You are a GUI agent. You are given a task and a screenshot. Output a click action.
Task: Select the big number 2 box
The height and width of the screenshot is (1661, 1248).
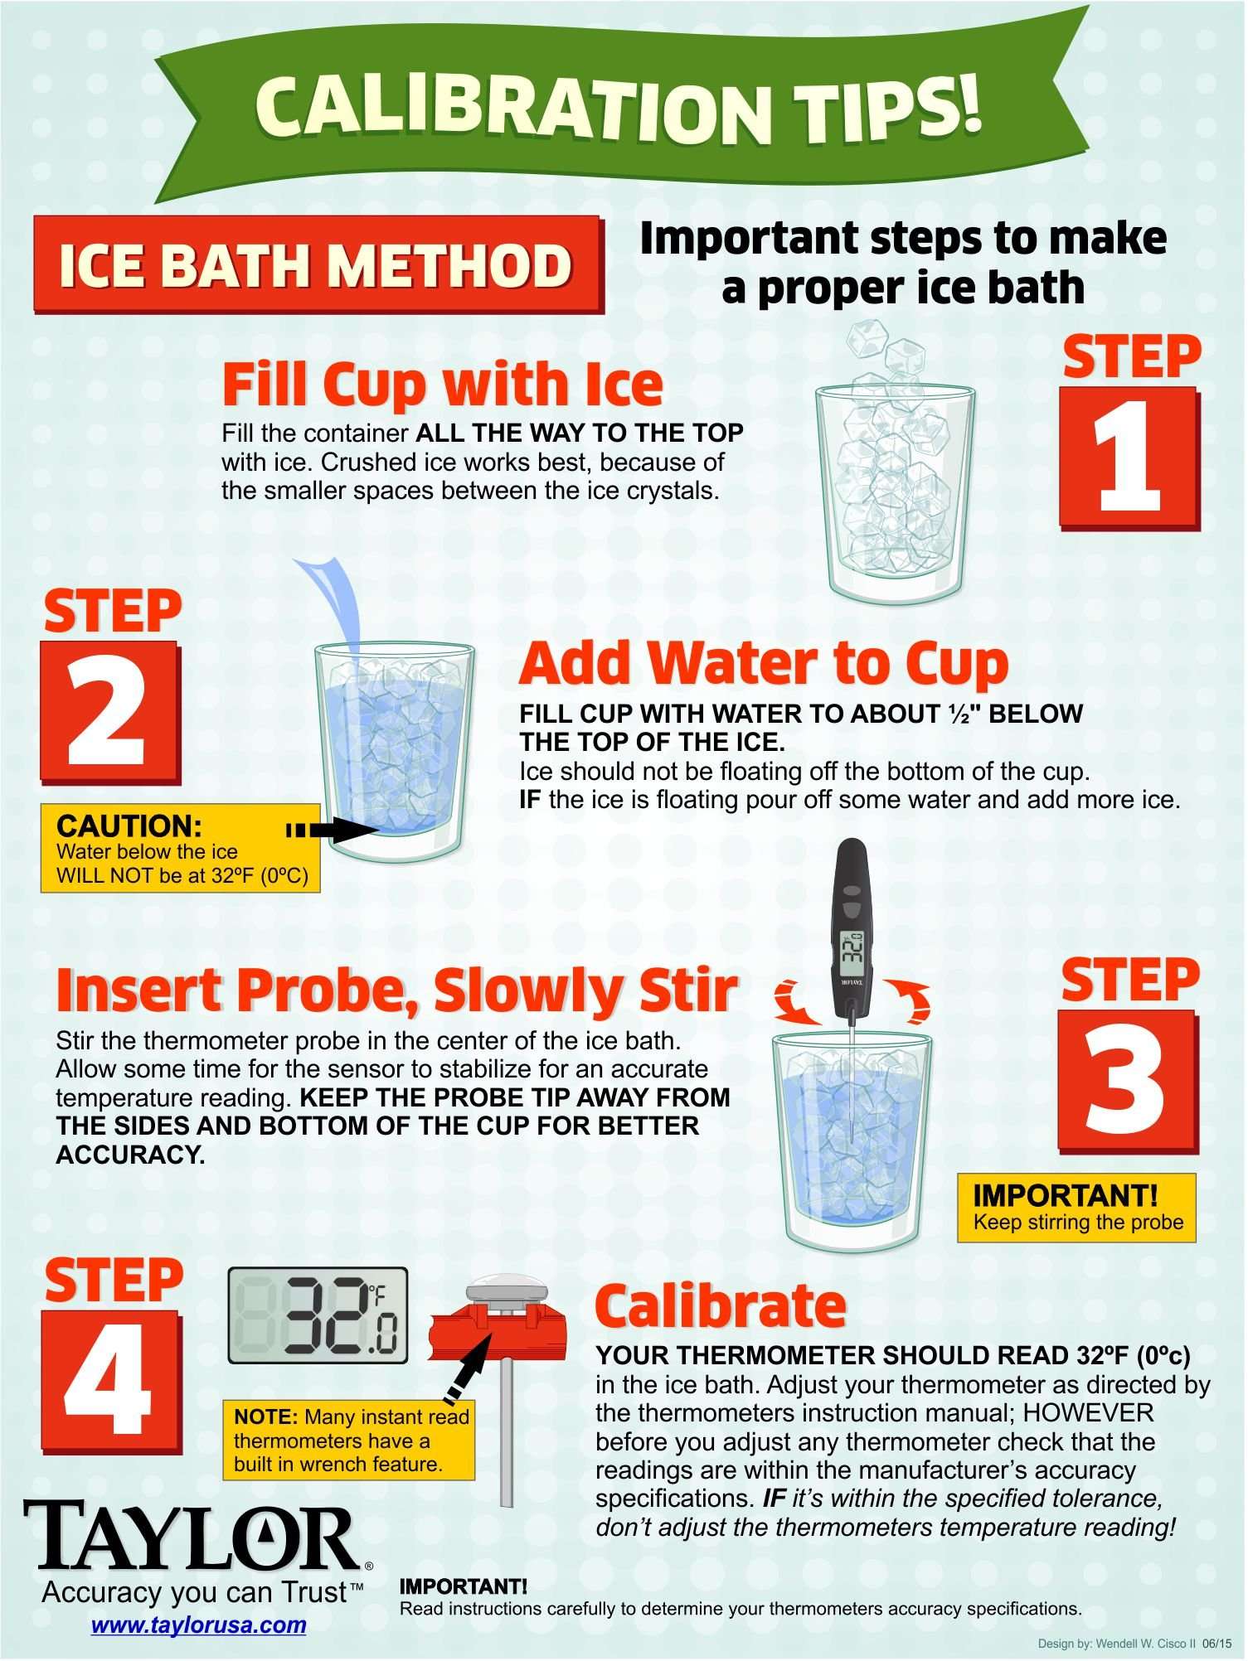(110, 712)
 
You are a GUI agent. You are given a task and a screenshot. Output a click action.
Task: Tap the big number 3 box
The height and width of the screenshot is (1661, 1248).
(1129, 1082)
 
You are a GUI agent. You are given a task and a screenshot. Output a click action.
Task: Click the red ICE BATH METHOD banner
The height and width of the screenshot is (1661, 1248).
(318, 264)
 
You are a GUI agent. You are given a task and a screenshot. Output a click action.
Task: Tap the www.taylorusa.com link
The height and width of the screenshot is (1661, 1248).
(199, 1625)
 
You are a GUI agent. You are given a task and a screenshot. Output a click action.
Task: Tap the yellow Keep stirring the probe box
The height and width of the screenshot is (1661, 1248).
(1076, 1208)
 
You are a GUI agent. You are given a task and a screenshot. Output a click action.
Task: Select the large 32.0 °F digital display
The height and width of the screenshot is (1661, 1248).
(318, 1316)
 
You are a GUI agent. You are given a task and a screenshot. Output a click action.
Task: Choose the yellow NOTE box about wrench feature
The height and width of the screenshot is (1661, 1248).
(348, 1441)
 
